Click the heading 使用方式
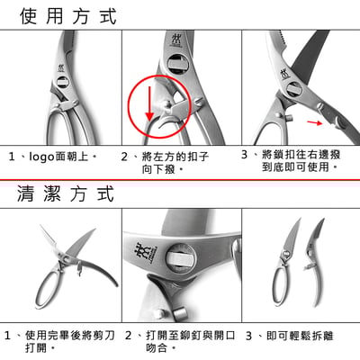(68, 16)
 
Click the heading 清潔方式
(66, 193)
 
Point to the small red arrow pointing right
(314, 121)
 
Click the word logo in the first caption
(42, 157)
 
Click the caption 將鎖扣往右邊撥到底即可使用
(301, 161)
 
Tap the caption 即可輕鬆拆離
(300, 336)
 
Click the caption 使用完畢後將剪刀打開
(69, 341)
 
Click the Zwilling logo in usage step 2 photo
(176, 40)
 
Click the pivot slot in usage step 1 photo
(63, 82)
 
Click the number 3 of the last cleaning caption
(248, 336)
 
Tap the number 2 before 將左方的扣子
(124, 157)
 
